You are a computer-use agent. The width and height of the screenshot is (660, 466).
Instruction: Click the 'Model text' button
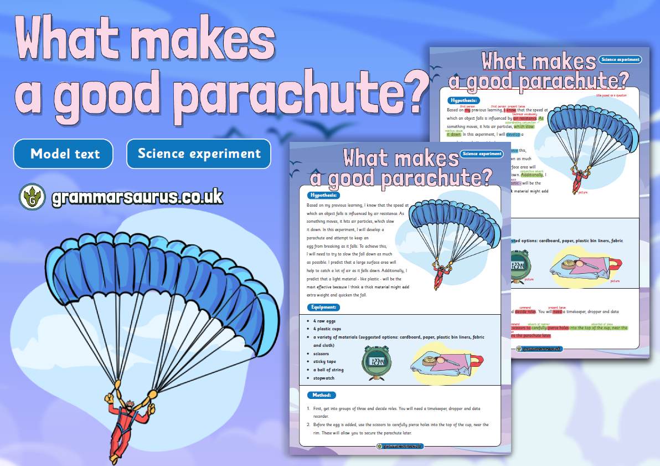tap(64, 153)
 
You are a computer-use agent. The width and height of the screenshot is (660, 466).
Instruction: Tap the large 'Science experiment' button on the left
tap(199, 153)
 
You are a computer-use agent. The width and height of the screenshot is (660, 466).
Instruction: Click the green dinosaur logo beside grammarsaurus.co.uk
tap(32, 196)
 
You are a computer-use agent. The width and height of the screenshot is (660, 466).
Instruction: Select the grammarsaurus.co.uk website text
tap(137, 197)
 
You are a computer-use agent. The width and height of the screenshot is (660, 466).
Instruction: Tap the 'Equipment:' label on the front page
tap(324, 307)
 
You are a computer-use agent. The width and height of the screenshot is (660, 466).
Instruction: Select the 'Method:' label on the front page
tap(321, 395)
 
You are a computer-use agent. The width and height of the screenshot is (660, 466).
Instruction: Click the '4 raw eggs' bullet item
tap(324, 321)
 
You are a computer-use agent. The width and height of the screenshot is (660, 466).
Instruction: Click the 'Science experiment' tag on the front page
tap(482, 153)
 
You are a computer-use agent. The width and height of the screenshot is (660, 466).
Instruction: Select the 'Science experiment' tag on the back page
tap(620, 59)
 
